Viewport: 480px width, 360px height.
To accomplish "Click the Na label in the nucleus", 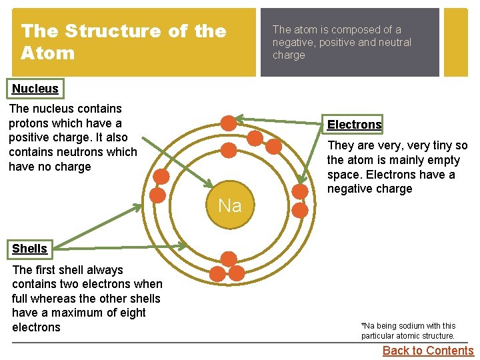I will [x=229, y=205].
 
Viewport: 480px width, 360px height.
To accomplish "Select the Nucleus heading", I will [x=35, y=89].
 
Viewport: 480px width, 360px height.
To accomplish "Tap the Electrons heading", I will [x=354, y=125].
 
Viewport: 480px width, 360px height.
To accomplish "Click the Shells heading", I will [x=30, y=249].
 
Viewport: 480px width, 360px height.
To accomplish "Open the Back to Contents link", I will [x=428, y=351].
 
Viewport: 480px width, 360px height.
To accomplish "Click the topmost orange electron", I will [x=228, y=123].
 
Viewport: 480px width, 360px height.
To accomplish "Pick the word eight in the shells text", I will [x=133, y=313].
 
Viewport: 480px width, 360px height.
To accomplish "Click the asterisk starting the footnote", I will [x=363, y=325].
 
